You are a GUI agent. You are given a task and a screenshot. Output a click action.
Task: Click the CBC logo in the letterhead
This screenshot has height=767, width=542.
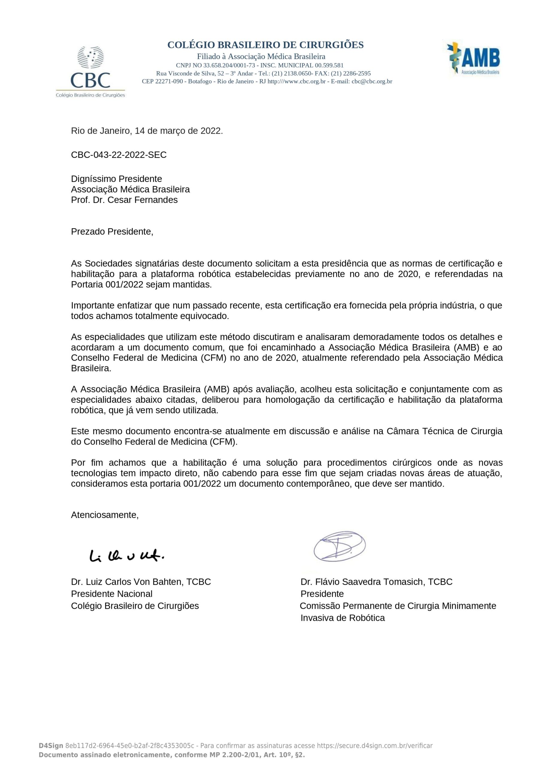[x=90, y=72]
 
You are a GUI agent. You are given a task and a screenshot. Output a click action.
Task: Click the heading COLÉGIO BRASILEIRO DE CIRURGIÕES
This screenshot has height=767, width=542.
[x=265, y=45]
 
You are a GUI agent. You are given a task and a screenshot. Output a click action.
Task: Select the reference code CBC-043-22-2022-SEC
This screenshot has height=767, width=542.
[x=119, y=155]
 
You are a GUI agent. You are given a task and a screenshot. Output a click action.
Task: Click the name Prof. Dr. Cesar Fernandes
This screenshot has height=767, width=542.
[x=124, y=200]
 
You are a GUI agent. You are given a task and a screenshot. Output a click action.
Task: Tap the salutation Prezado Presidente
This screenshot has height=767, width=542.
[x=112, y=232]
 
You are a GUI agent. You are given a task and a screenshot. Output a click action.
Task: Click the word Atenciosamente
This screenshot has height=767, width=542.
[x=104, y=515]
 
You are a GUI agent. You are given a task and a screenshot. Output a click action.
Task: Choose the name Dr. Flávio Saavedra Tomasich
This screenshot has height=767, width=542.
[x=363, y=582]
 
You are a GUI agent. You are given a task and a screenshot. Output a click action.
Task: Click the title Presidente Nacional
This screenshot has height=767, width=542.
[x=111, y=594]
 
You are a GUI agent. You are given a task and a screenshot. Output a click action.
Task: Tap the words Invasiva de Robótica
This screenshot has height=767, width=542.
[x=342, y=618]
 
